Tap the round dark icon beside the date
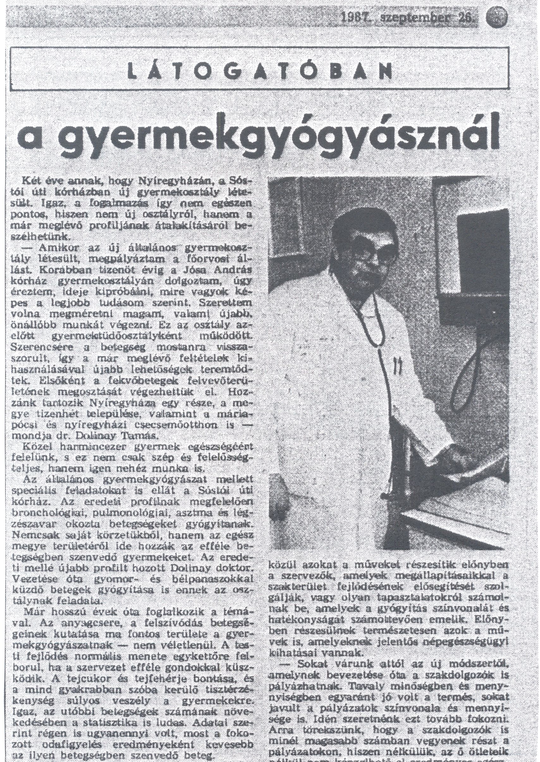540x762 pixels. coord(497,17)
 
